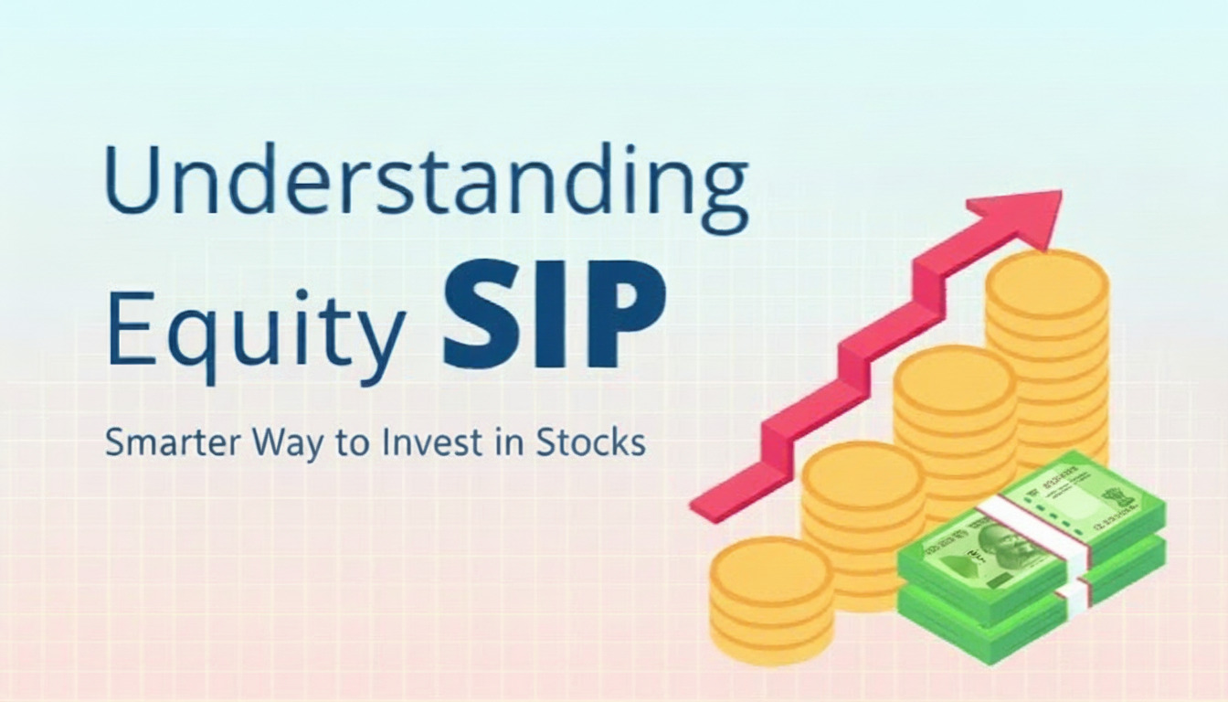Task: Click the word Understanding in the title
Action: pos(426,178)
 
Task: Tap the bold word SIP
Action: pos(554,314)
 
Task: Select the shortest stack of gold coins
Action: pos(770,599)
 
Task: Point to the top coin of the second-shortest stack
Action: pos(863,470)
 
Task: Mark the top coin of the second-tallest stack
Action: pos(954,376)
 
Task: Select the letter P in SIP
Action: pos(625,314)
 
